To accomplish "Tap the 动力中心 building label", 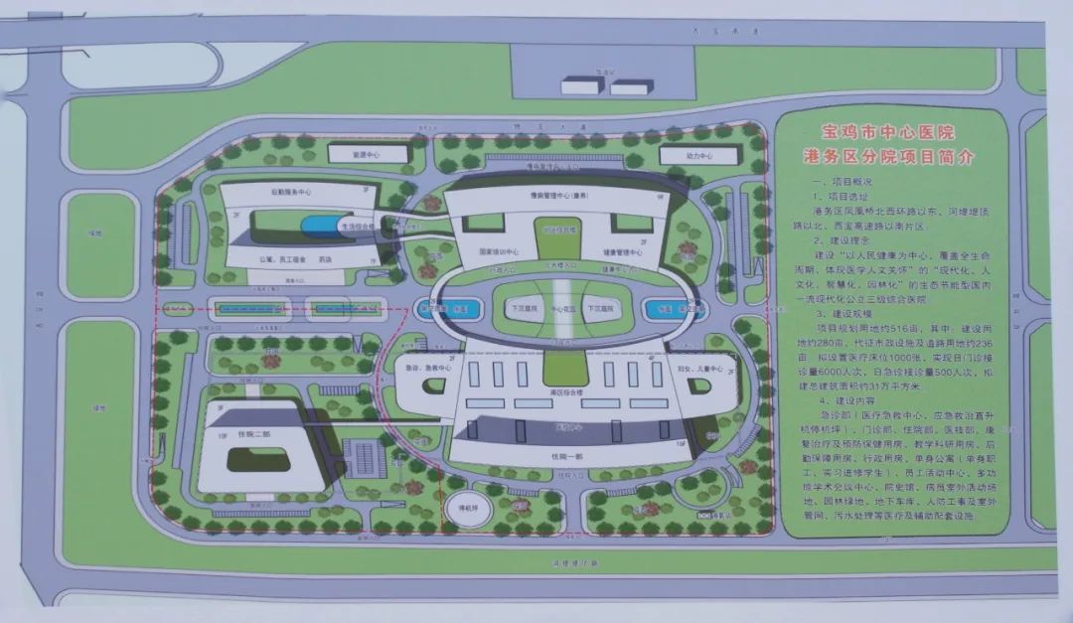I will [x=700, y=156].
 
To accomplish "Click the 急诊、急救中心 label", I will [x=429, y=367].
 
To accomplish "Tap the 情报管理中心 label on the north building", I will [x=553, y=196].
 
